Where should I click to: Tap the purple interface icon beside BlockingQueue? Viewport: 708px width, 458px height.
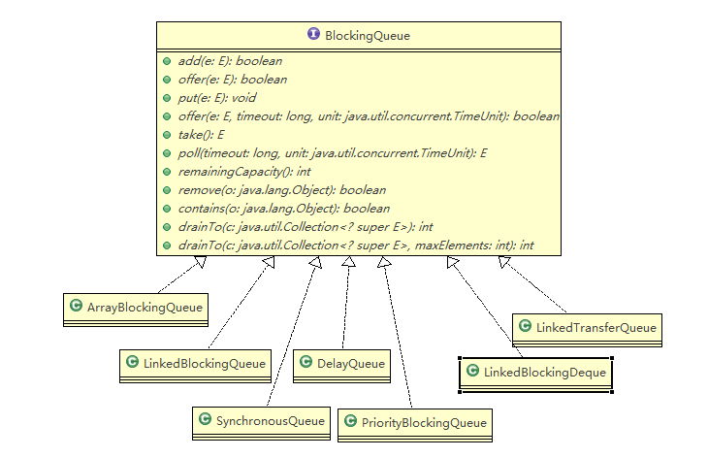[x=313, y=34]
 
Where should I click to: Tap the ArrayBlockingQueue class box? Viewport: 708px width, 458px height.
[x=136, y=308]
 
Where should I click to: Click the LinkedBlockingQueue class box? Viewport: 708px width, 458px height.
[x=195, y=364]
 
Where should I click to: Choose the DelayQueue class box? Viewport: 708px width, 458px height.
[x=340, y=365]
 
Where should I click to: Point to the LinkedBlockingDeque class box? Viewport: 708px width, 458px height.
[x=536, y=372]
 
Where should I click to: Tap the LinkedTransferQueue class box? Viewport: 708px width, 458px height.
[x=587, y=328]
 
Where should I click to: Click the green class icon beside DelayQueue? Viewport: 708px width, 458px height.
[x=303, y=364]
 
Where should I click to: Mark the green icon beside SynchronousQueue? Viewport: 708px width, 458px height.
[x=205, y=419]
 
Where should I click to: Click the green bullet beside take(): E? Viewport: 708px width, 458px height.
[x=167, y=134]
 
